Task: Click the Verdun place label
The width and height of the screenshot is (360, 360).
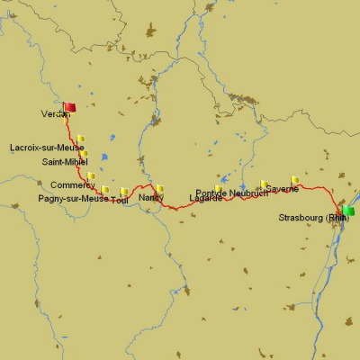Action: [x=55, y=114]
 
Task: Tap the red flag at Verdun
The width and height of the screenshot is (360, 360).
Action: [x=69, y=107]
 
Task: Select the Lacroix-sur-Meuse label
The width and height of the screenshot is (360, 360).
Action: [x=47, y=147]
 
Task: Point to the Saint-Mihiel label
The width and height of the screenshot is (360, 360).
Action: [x=65, y=162]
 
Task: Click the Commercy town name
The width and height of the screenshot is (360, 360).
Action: [x=73, y=185]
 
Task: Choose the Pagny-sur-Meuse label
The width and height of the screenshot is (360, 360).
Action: [x=73, y=198]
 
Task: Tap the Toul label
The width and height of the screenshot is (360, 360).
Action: [x=119, y=200]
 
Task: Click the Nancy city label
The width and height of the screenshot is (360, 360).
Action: [x=151, y=197]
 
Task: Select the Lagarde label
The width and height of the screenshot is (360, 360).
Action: [x=206, y=198]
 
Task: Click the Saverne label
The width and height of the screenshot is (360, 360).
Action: [x=282, y=189]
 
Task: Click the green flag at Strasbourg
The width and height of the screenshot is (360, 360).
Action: [x=347, y=210]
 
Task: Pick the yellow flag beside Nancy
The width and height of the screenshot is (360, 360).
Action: [x=160, y=188]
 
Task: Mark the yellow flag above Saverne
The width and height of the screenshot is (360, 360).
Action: [x=295, y=179]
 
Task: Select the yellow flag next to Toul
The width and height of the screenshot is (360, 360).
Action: [x=124, y=191]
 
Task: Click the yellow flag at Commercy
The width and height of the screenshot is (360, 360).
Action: [x=91, y=175]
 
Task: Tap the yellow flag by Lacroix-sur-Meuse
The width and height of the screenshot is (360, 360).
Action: [x=80, y=139]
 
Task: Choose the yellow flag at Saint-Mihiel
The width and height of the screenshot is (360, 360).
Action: [x=84, y=154]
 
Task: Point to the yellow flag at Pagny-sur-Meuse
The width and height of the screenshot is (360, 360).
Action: [x=105, y=189]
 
